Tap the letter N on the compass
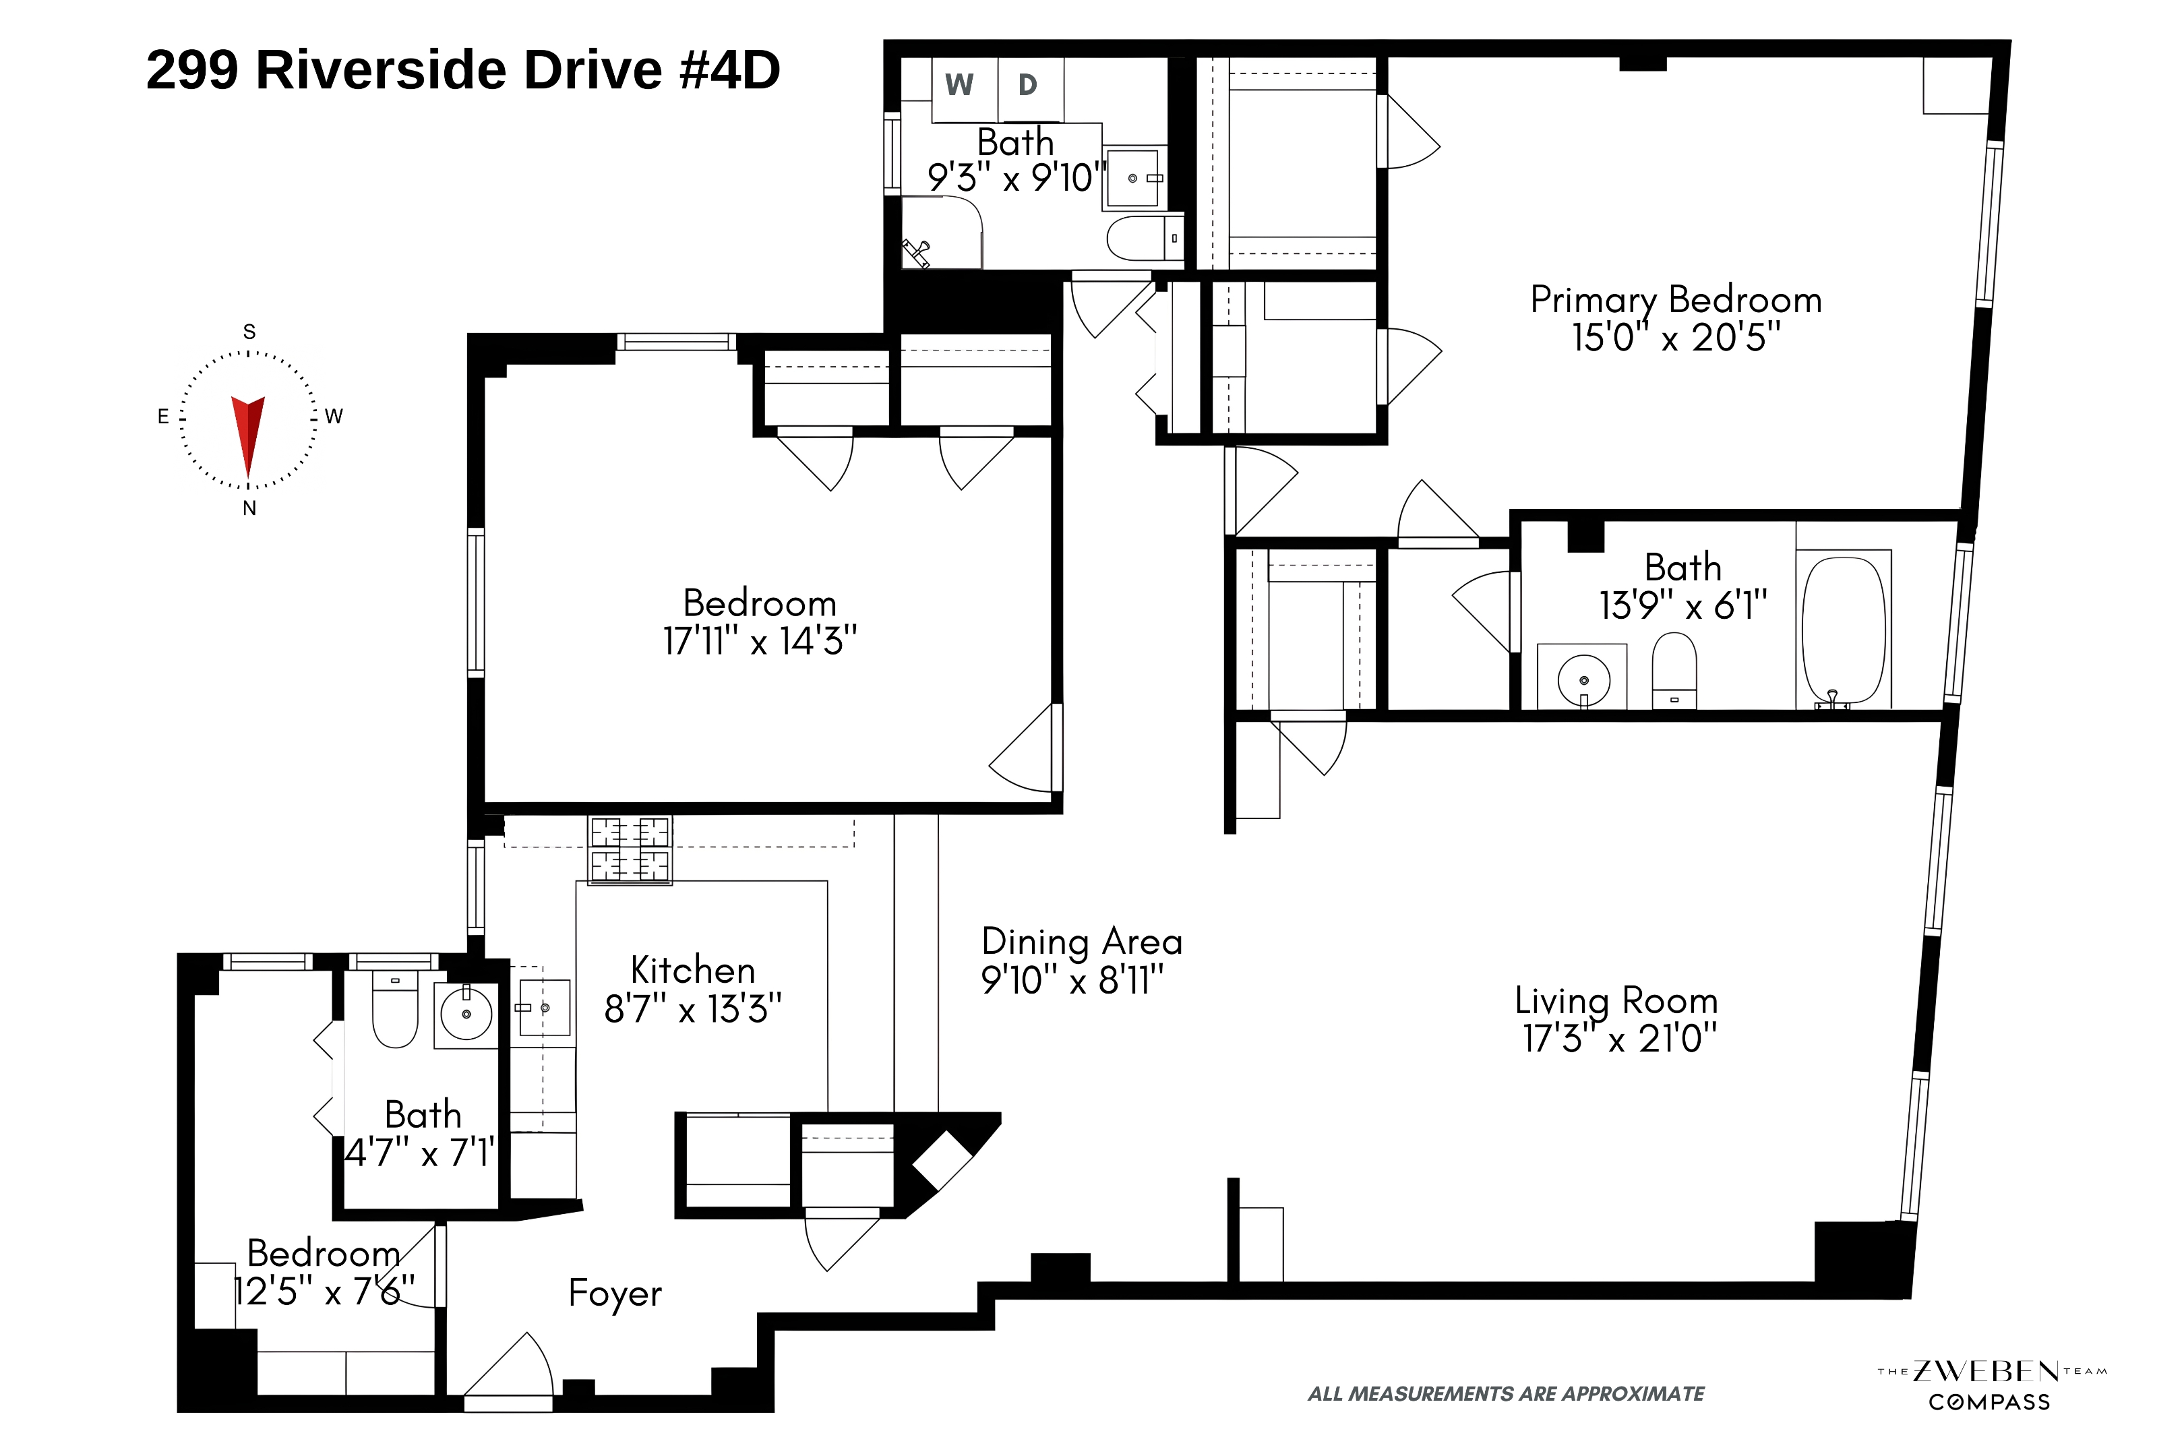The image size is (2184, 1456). point(249,508)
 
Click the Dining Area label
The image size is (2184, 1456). point(1082,942)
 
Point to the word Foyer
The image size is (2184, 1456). point(615,1293)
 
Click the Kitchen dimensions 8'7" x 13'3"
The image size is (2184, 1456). point(693,1008)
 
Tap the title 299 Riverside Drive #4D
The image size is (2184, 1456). point(462,69)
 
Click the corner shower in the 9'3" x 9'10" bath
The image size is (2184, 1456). point(942,232)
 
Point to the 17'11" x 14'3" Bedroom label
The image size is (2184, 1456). point(760,622)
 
